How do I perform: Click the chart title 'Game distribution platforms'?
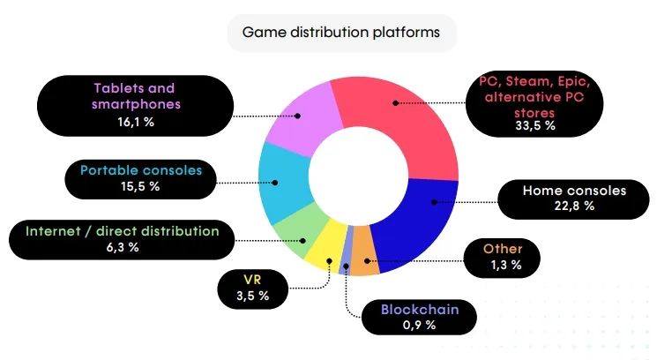[341, 33]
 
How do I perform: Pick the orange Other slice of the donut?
[363, 251]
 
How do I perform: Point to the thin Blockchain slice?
[346, 251]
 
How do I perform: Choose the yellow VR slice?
[327, 245]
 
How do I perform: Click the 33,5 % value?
[535, 125]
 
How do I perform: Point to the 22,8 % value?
[574, 206]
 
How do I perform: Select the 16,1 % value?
[136, 122]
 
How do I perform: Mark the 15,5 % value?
[140, 186]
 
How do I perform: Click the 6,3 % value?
[123, 247]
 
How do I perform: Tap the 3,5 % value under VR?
[253, 296]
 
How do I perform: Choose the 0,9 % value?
[419, 325]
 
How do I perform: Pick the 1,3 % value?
[506, 265]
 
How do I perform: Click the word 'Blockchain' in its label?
[420, 310]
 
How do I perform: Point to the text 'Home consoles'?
[574, 191]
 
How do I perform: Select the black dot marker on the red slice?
[396, 102]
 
